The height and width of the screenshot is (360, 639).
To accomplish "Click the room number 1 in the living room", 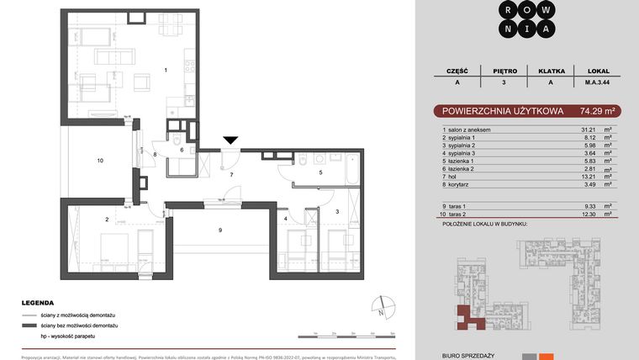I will coord(166,70).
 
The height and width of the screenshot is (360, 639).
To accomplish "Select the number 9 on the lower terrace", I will coord(219,230).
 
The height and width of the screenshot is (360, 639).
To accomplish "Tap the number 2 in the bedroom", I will coord(107,220).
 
